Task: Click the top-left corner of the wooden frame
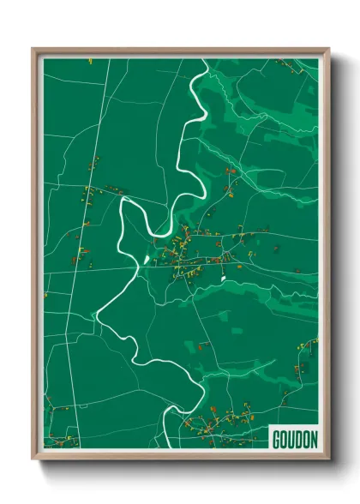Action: click(x=33, y=48)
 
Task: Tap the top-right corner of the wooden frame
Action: click(x=329, y=48)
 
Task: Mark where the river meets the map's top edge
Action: click(x=202, y=58)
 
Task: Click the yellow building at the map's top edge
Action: click(x=89, y=60)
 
